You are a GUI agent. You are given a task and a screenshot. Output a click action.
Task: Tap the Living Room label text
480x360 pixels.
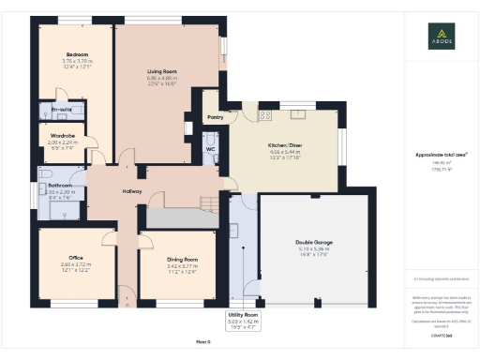click(x=161, y=69)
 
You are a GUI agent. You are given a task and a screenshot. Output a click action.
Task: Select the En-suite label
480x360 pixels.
click(x=62, y=111)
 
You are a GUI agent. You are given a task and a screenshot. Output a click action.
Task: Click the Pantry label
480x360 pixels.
click(x=215, y=118)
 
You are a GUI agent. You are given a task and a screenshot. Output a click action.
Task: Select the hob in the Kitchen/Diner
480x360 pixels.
click(x=264, y=114)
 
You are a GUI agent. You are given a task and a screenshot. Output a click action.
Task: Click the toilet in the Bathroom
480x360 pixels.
click(x=44, y=174)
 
